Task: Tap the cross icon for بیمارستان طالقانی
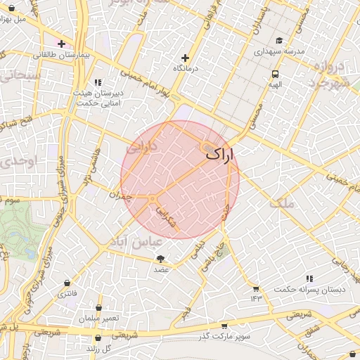click(x=62, y=44)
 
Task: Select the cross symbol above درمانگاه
click(x=186, y=58)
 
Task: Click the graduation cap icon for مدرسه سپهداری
click(x=279, y=41)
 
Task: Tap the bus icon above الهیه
click(x=274, y=72)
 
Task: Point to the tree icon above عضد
click(x=161, y=259)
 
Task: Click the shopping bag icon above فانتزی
click(x=67, y=283)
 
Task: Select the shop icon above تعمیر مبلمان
click(x=98, y=308)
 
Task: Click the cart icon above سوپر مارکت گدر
click(x=224, y=326)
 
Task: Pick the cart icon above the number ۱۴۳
click(x=255, y=288)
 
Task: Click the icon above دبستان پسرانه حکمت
click(x=309, y=279)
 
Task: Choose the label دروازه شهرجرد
click(x=330, y=74)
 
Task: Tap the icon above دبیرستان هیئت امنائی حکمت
click(x=97, y=82)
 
